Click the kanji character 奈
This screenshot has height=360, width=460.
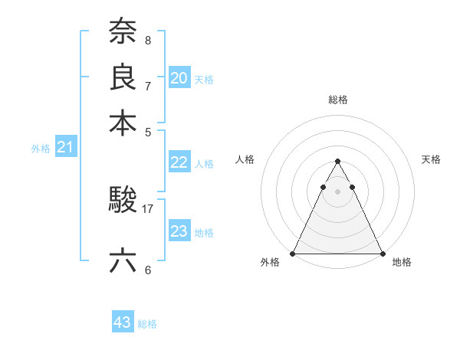123,31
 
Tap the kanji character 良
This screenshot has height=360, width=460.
123,77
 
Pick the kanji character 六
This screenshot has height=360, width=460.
123,261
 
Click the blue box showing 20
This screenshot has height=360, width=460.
179,78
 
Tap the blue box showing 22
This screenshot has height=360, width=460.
179,162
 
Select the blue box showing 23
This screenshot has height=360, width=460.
179,231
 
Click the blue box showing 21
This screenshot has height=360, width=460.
65,148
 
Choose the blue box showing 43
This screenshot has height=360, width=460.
123,322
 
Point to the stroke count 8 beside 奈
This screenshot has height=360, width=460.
148,39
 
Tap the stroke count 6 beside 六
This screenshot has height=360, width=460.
148,270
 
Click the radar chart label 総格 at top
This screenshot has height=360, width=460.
337,100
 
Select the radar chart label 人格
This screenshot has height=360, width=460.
245,159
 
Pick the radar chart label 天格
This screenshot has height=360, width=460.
431,159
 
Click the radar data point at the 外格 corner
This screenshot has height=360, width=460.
293,254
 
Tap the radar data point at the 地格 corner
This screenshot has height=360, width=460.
382,254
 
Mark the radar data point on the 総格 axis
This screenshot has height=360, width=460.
337,161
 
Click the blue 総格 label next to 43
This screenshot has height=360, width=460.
147,324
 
